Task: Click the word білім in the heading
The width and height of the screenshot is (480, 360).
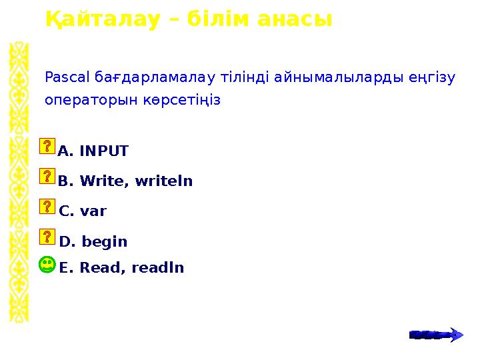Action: pos(215,19)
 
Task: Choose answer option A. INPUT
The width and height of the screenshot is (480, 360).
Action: pos(93,151)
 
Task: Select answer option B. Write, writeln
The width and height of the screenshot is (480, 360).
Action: pos(125,181)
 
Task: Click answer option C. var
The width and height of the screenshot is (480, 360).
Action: pos(83,211)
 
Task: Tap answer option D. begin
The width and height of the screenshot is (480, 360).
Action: pos(93,241)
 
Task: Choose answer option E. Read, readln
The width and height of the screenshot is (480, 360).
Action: pos(121,268)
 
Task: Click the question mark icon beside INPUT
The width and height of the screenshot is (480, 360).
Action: pos(47,147)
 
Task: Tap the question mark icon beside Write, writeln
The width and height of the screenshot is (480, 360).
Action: pos(47,176)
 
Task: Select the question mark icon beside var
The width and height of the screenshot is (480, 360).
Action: pos(47,206)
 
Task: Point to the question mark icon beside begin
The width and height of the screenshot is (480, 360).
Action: pos(47,236)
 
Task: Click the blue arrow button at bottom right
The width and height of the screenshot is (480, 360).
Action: pos(435,335)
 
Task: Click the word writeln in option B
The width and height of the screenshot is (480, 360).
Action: pos(165,181)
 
